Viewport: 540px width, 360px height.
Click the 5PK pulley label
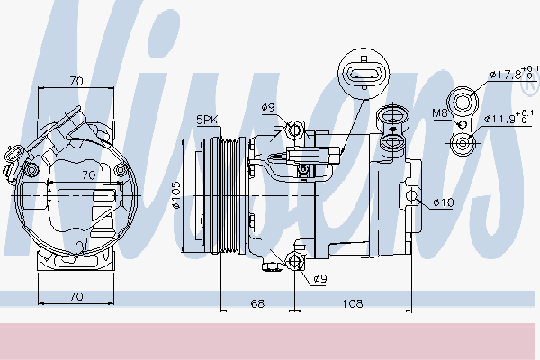pyautogui.click(x=207, y=120)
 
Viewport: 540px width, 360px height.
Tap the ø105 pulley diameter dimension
pyautogui.click(x=176, y=195)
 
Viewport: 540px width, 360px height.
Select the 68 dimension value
pyautogui.click(x=257, y=303)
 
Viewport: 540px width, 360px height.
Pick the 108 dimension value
pyautogui.click(x=353, y=303)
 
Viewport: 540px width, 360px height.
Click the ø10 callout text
pyautogui.click(x=444, y=202)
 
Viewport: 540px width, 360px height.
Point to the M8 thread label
pyautogui.click(x=439, y=112)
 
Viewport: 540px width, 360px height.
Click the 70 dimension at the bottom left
pyautogui.click(x=76, y=296)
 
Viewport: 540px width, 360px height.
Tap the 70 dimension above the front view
pyautogui.click(x=76, y=81)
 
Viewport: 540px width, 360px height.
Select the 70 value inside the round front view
pyautogui.click(x=89, y=175)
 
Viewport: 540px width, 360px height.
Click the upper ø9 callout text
pyautogui.click(x=268, y=108)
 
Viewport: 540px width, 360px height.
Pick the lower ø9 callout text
pyautogui.click(x=319, y=279)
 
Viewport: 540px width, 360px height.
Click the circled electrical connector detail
pyautogui.click(x=364, y=74)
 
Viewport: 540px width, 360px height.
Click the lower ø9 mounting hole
pyautogui.click(x=294, y=262)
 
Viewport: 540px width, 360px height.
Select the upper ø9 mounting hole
pyautogui.click(x=295, y=130)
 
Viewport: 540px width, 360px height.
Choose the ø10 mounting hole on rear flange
pyautogui.click(x=412, y=195)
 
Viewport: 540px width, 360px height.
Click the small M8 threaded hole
pyautogui.click(x=463, y=124)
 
